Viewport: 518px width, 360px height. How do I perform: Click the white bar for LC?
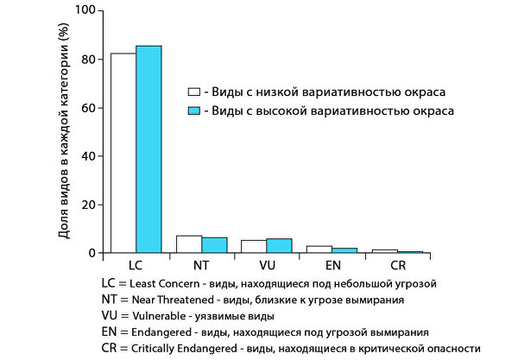point(123,153)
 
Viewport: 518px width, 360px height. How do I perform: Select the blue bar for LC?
point(148,149)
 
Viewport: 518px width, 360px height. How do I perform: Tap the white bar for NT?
point(189,244)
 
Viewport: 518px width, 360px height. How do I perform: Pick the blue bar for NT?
point(214,245)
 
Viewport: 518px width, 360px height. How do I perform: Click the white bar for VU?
point(254,247)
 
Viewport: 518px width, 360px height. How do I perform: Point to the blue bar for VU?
point(280,246)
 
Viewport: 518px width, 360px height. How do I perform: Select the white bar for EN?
point(319,249)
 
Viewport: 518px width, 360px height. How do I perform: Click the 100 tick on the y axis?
point(84,11)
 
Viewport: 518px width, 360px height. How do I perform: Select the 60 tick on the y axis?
point(87,108)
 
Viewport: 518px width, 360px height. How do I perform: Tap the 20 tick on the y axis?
point(87,205)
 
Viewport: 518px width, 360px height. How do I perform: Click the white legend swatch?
point(194,92)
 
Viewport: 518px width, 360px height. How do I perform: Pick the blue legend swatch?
point(194,111)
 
